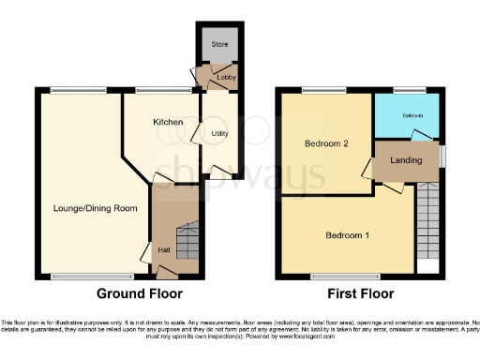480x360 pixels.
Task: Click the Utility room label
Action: (x=220, y=134)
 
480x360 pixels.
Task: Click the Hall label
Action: (x=163, y=249)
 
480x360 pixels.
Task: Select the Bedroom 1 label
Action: (x=346, y=234)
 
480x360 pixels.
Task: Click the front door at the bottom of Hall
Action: (x=166, y=274)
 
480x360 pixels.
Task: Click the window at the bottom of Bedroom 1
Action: (x=338, y=277)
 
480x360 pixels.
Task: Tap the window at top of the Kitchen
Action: (x=152, y=90)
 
